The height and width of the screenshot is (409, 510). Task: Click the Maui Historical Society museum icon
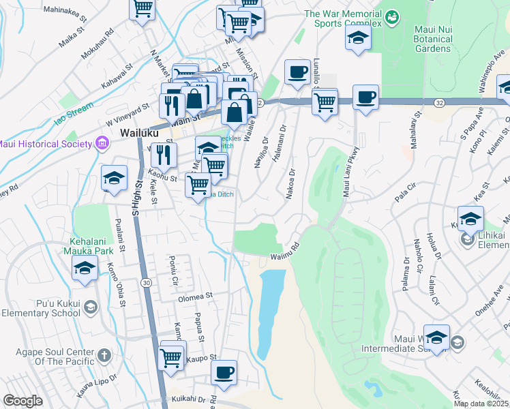102,143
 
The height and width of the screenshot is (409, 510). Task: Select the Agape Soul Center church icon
104,354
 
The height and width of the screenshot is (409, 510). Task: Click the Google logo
22,401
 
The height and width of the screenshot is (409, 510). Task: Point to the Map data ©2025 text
481,404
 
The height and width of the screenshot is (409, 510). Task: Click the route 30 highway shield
147,282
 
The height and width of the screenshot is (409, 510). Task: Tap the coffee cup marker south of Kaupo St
224,372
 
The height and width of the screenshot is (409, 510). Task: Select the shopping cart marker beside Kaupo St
171,356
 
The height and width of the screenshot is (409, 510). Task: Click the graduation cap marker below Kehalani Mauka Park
85,268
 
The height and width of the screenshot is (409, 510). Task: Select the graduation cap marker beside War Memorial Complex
357,39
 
